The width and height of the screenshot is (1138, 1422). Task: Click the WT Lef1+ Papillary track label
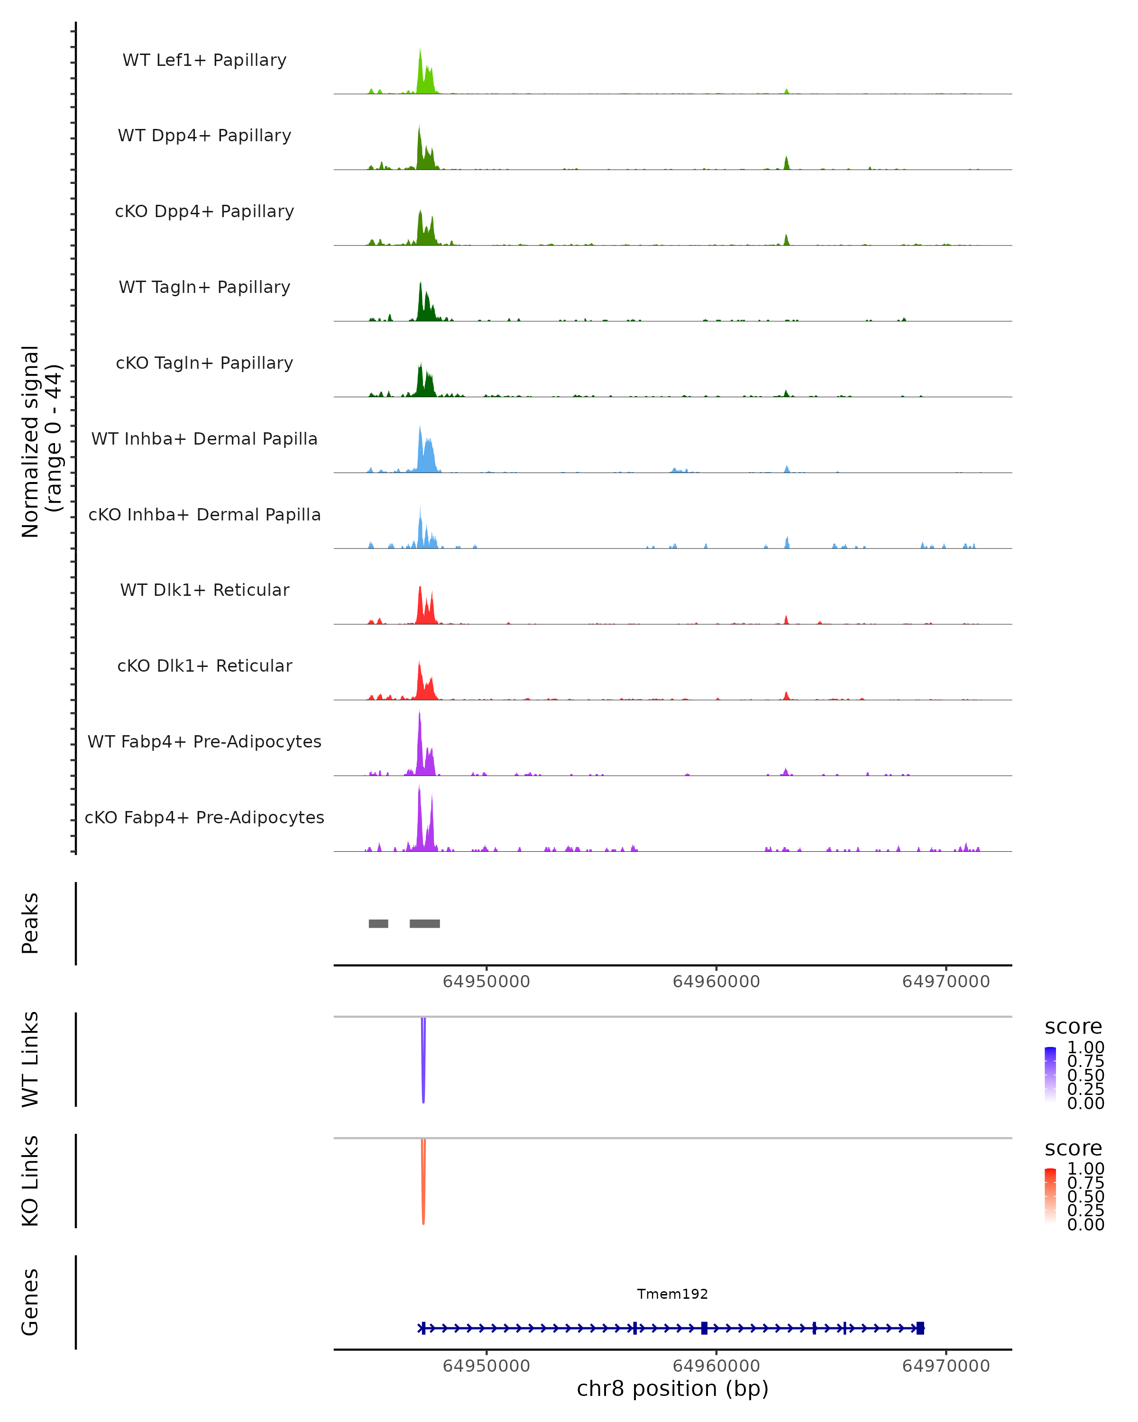tap(204, 60)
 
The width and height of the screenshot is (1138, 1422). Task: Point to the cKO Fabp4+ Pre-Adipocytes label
tap(204, 817)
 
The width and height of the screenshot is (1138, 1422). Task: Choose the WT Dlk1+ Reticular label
tap(204, 590)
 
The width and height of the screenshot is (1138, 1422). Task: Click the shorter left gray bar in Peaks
tap(378, 923)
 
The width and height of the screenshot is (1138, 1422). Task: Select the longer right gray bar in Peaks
tap(424, 923)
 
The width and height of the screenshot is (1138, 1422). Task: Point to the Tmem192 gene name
tap(672, 1294)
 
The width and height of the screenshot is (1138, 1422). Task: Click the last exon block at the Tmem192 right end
tap(920, 1328)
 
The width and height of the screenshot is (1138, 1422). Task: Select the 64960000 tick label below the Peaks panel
tap(716, 982)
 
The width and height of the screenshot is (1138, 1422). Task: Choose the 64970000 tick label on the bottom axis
tap(945, 1366)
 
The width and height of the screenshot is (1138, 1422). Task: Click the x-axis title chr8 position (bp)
tap(672, 1388)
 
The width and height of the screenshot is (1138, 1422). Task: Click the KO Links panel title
tap(30, 1181)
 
